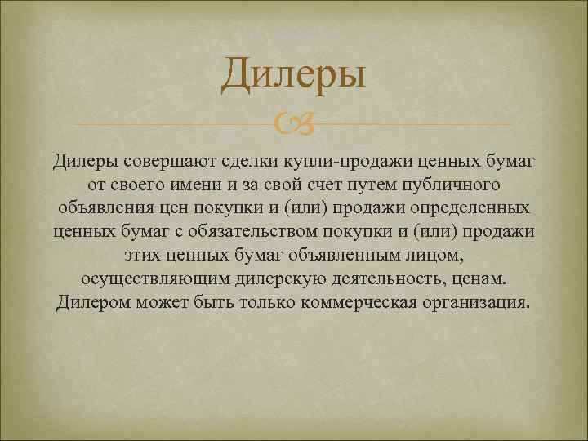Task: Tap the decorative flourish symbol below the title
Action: point(293,124)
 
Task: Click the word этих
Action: point(146,255)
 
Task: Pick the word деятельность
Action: point(394,278)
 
